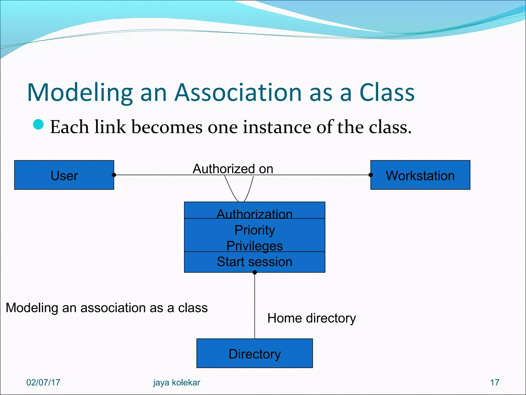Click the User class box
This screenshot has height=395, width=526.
(64, 175)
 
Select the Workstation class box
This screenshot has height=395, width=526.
(420, 175)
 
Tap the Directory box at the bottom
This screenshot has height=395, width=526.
(255, 353)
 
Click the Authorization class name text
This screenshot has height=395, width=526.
(255, 214)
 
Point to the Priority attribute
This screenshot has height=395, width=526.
(255, 230)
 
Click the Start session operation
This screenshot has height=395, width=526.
(255, 262)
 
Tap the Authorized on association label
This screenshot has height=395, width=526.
(233, 169)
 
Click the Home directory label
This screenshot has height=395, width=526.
(312, 318)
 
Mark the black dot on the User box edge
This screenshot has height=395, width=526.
(114, 175)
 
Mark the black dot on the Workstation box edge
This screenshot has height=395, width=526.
(370, 175)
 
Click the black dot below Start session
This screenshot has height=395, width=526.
(255, 272)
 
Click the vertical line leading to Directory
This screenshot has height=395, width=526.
(255, 306)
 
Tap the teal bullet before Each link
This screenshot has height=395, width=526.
(39, 124)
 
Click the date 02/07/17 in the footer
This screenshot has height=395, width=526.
(43, 382)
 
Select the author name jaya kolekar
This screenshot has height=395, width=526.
(176, 382)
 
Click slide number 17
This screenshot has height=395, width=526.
(495, 382)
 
